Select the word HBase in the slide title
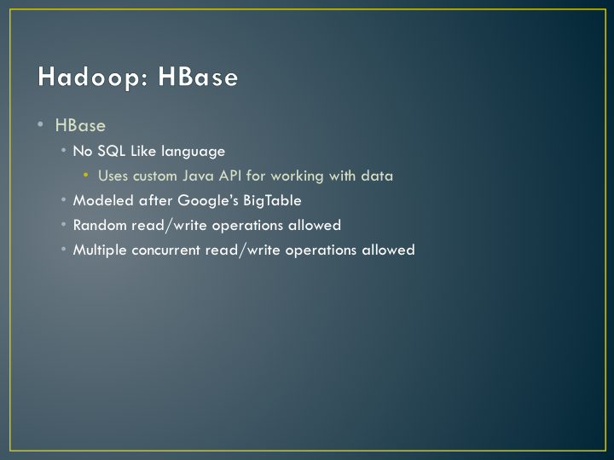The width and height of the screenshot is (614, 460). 198,76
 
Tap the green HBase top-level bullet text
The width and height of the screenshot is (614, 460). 80,125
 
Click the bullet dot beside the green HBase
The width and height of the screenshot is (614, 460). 40,124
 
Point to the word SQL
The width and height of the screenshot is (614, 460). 111,151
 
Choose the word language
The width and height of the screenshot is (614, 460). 194,152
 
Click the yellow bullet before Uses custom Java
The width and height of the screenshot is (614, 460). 86,175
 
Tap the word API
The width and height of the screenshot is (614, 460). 230,175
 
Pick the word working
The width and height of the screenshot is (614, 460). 298,176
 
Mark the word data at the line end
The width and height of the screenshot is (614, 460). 377,176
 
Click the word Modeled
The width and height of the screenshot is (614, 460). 103,201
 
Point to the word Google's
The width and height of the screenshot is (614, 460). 208,201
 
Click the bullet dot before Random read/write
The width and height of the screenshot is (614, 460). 63,224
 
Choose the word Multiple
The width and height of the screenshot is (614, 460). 100,250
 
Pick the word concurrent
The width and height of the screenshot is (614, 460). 165,250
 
